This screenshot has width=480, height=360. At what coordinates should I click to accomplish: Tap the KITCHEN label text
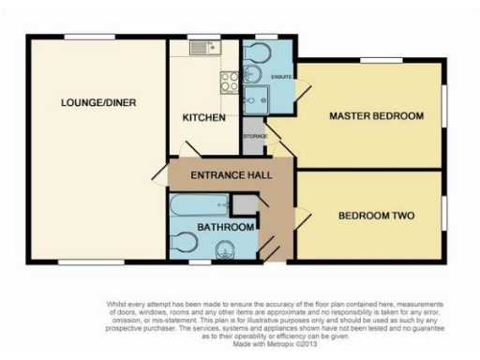(203, 118)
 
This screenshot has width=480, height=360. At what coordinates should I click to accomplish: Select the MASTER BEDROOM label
(375, 116)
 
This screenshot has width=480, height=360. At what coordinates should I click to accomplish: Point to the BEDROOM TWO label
(373, 214)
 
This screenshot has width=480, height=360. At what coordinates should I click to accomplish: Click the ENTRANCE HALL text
(217, 175)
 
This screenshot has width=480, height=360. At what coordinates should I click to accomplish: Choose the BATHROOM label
(225, 227)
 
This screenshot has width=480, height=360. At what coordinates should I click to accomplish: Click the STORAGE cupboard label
(255, 137)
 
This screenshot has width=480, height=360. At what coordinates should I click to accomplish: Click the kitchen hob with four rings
(227, 82)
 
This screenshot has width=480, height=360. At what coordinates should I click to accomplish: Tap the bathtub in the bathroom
(199, 204)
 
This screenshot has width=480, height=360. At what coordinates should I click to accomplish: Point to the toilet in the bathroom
(183, 244)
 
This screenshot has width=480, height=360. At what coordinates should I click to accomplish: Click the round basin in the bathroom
(224, 249)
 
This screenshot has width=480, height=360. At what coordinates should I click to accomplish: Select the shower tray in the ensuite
(257, 98)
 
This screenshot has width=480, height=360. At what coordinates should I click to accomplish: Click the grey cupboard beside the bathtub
(242, 204)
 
